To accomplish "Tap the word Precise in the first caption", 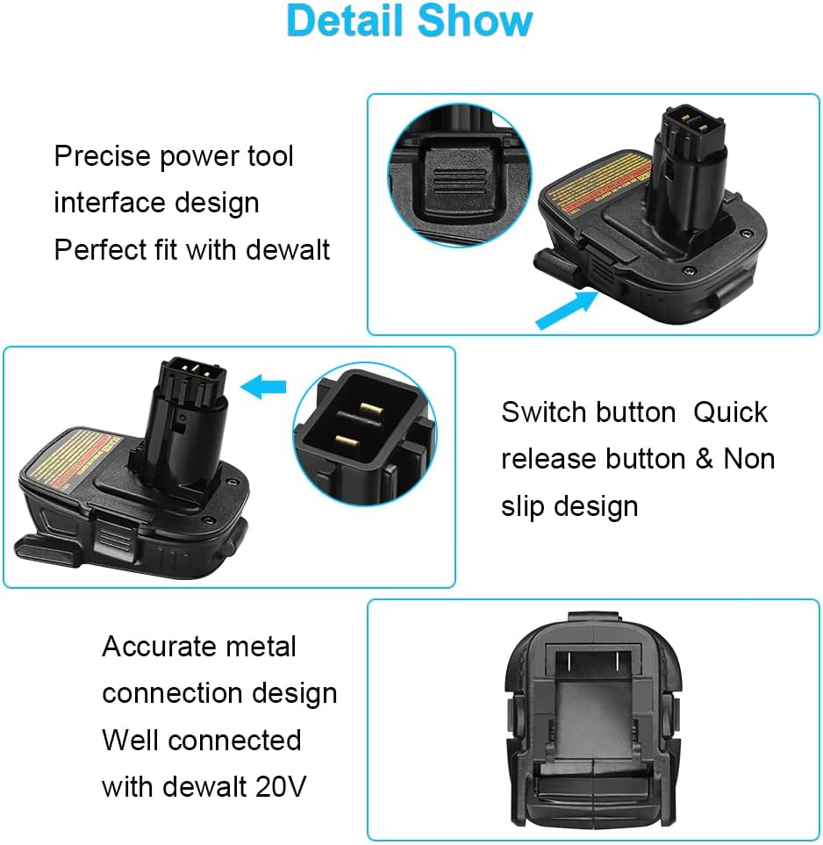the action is point(103,157).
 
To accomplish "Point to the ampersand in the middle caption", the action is point(705,459).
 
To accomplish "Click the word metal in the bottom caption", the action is point(261,647).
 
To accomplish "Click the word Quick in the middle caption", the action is point(730,412).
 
